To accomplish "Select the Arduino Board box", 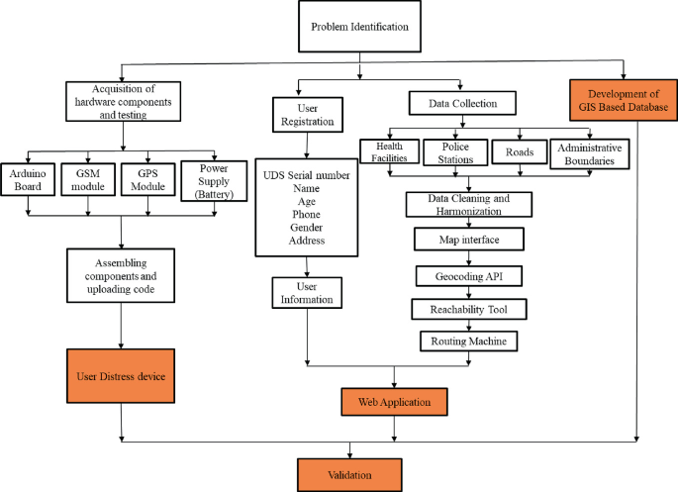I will pyautogui.click(x=28, y=181).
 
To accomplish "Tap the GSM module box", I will pyautogui.click(x=89, y=181).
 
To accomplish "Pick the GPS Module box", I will pyautogui.click(x=149, y=181).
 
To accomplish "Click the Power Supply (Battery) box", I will pyautogui.click(x=213, y=180).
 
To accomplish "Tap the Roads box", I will pyautogui.click(x=519, y=153).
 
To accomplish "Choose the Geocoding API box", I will pyautogui.click(x=468, y=274).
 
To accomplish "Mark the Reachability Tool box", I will pyautogui.click(x=468, y=309).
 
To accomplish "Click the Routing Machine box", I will pyautogui.click(x=468, y=342).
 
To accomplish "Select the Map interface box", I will pyautogui.click(x=468, y=240).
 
